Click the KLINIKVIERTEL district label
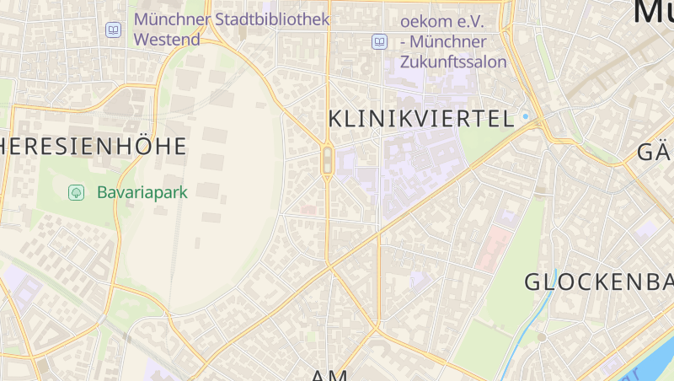pyautogui.click(x=420, y=120)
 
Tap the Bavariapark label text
pyautogui.click(x=142, y=192)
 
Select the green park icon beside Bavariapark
pyautogui.click(x=77, y=193)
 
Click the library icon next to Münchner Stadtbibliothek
pyautogui.click(x=113, y=30)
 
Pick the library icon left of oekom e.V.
pyautogui.click(x=380, y=41)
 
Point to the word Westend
pyautogui.click(x=167, y=40)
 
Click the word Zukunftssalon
pyautogui.click(x=453, y=62)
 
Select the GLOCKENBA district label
pyautogui.click(x=598, y=282)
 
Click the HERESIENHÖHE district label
pyautogui.click(x=93, y=147)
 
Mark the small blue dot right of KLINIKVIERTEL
pyautogui.click(x=525, y=116)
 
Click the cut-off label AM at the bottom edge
pyautogui.click(x=329, y=375)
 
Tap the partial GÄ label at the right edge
pyautogui.click(x=655, y=153)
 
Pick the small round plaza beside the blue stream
pyautogui.click(x=542, y=337)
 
